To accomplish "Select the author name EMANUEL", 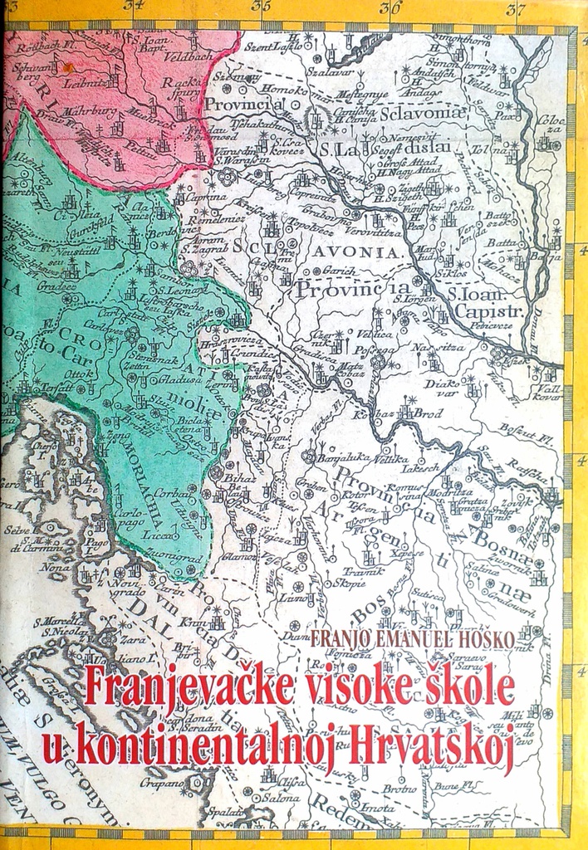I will point(403,638).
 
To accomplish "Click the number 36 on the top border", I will point(391,8).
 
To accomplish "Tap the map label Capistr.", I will point(493,311).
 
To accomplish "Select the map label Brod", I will point(429,413).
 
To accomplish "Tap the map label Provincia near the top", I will point(243,105).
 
